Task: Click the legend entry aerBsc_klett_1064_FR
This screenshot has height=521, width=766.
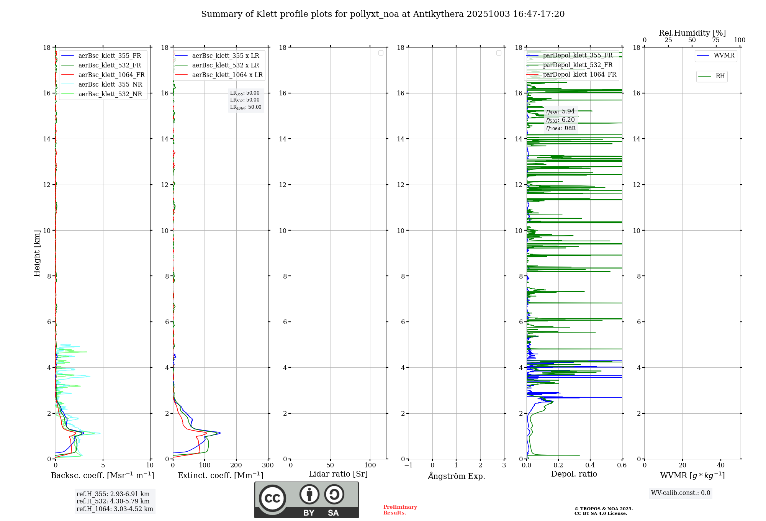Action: (x=111, y=75)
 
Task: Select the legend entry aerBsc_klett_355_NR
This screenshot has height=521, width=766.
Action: (x=110, y=85)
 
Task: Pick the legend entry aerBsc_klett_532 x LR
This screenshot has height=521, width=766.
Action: (x=226, y=66)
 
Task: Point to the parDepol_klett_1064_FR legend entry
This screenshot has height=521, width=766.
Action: (x=579, y=75)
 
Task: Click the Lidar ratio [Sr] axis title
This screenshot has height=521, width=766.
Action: (x=338, y=474)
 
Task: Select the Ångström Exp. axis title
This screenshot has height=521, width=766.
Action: (x=456, y=476)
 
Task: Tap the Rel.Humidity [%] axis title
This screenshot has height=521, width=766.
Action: (x=692, y=33)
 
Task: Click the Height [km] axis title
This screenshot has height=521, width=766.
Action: (x=37, y=253)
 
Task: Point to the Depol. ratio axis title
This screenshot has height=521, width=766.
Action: (x=574, y=474)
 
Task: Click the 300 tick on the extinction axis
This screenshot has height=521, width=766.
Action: (x=268, y=465)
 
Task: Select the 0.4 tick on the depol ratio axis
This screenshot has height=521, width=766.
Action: (x=590, y=465)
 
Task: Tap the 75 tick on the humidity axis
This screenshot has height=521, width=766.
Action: (x=716, y=40)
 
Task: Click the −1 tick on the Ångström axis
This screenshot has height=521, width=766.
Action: (x=409, y=465)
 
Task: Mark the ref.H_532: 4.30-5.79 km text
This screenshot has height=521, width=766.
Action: (x=113, y=501)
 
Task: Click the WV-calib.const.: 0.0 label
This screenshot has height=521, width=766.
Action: (x=681, y=493)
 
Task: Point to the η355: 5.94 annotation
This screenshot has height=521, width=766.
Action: (x=560, y=111)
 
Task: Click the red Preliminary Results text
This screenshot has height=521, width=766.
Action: (x=400, y=510)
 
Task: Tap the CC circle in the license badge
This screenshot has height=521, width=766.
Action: (x=272, y=498)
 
